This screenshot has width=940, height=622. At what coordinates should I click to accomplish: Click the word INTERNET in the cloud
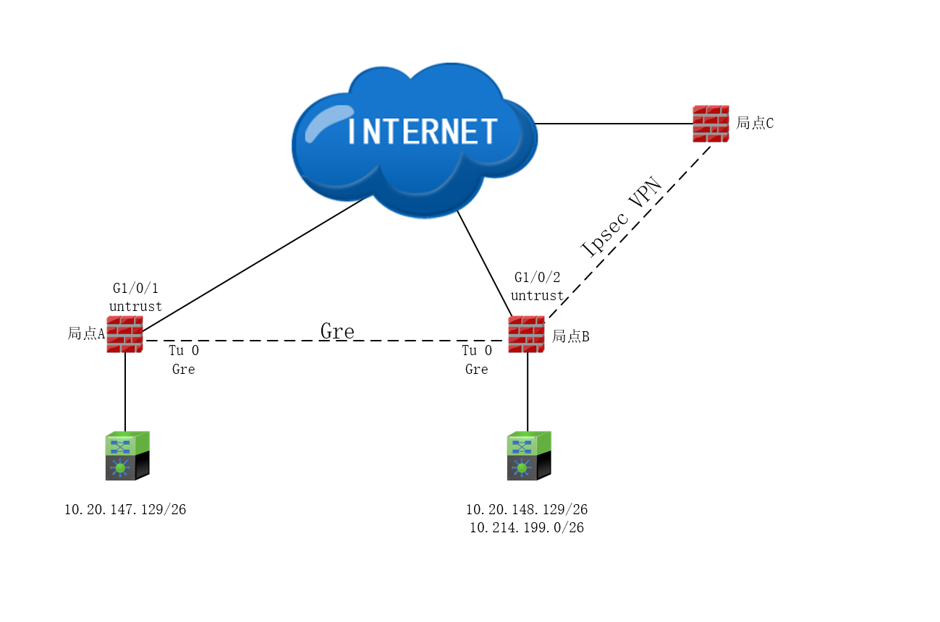[423, 132]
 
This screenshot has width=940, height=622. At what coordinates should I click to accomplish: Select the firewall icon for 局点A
[124, 334]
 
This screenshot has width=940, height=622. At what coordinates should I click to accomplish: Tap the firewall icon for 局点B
[526, 334]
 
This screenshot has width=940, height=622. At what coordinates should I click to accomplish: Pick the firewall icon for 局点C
[711, 124]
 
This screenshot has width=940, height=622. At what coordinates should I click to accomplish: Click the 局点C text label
[755, 123]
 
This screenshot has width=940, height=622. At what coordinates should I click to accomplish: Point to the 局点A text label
[86, 333]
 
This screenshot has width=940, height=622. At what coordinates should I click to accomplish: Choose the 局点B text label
[571, 336]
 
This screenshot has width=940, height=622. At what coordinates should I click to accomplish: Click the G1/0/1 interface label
[135, 289]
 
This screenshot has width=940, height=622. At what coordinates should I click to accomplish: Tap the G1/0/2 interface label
[537, 277]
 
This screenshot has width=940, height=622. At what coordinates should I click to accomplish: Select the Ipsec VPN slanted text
[623, 216]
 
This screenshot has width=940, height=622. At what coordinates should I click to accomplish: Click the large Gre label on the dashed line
[337, 331]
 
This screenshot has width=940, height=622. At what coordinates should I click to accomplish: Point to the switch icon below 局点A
[127, 456]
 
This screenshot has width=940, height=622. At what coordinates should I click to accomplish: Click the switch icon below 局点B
[529, 456]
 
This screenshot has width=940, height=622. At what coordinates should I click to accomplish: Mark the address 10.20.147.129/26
[125, 510]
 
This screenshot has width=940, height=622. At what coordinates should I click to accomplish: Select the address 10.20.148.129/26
[526, 510]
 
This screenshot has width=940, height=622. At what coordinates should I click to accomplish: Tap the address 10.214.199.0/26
[526, 528]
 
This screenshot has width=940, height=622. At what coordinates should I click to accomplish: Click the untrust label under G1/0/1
[135, 307]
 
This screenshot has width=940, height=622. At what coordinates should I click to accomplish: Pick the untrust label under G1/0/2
[537, 295]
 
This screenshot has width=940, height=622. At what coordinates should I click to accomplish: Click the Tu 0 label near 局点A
[184, 351]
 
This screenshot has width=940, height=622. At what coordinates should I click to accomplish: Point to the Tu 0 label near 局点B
[477, 351]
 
